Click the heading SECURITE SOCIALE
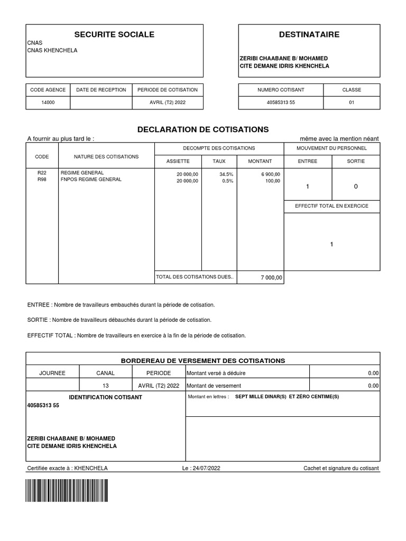[114, 34]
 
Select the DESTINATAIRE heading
[309, 34]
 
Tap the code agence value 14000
[48, 102]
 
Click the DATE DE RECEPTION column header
[101, 90]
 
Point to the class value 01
[352, 102]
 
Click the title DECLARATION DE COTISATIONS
[203, 129]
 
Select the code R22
[42, 173]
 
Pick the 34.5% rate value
[226, 174]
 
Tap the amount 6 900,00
[271, 174]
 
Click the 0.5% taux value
[228, 181]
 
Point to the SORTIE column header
[356, 161]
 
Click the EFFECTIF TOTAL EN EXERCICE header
[331, 206]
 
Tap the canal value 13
[105, 386]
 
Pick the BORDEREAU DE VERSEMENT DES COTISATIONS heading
[203, 360]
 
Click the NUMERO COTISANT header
[281, 90]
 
